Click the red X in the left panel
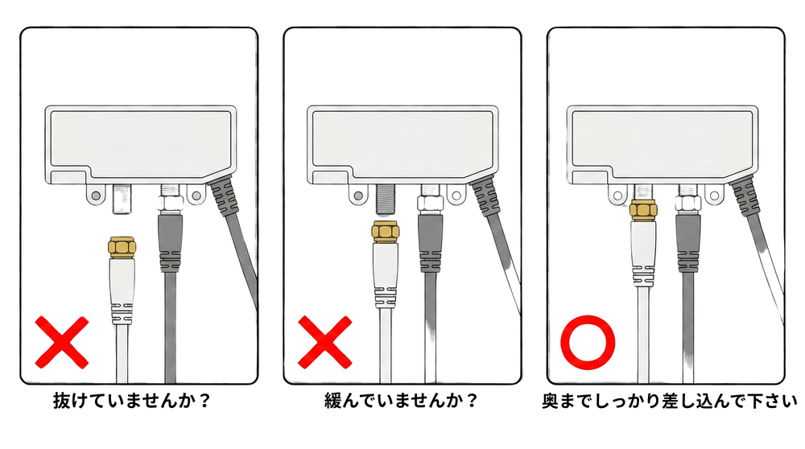(62, 342)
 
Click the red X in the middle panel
(325, 342)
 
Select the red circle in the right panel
(588, 342)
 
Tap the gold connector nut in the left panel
(122, 246)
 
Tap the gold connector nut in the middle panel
(386, 231)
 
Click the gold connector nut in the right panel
(644, 211)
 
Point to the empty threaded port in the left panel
(122, 199)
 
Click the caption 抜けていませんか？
(132, 401)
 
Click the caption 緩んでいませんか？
(401, 401)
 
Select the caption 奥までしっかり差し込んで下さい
(670, 401)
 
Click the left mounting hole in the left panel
(95, 196)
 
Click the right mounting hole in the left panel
(196, 195)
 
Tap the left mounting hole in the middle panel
(358, 195)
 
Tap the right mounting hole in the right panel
(713, 195)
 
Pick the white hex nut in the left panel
(170, 204)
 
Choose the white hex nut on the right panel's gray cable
(688, 204)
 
